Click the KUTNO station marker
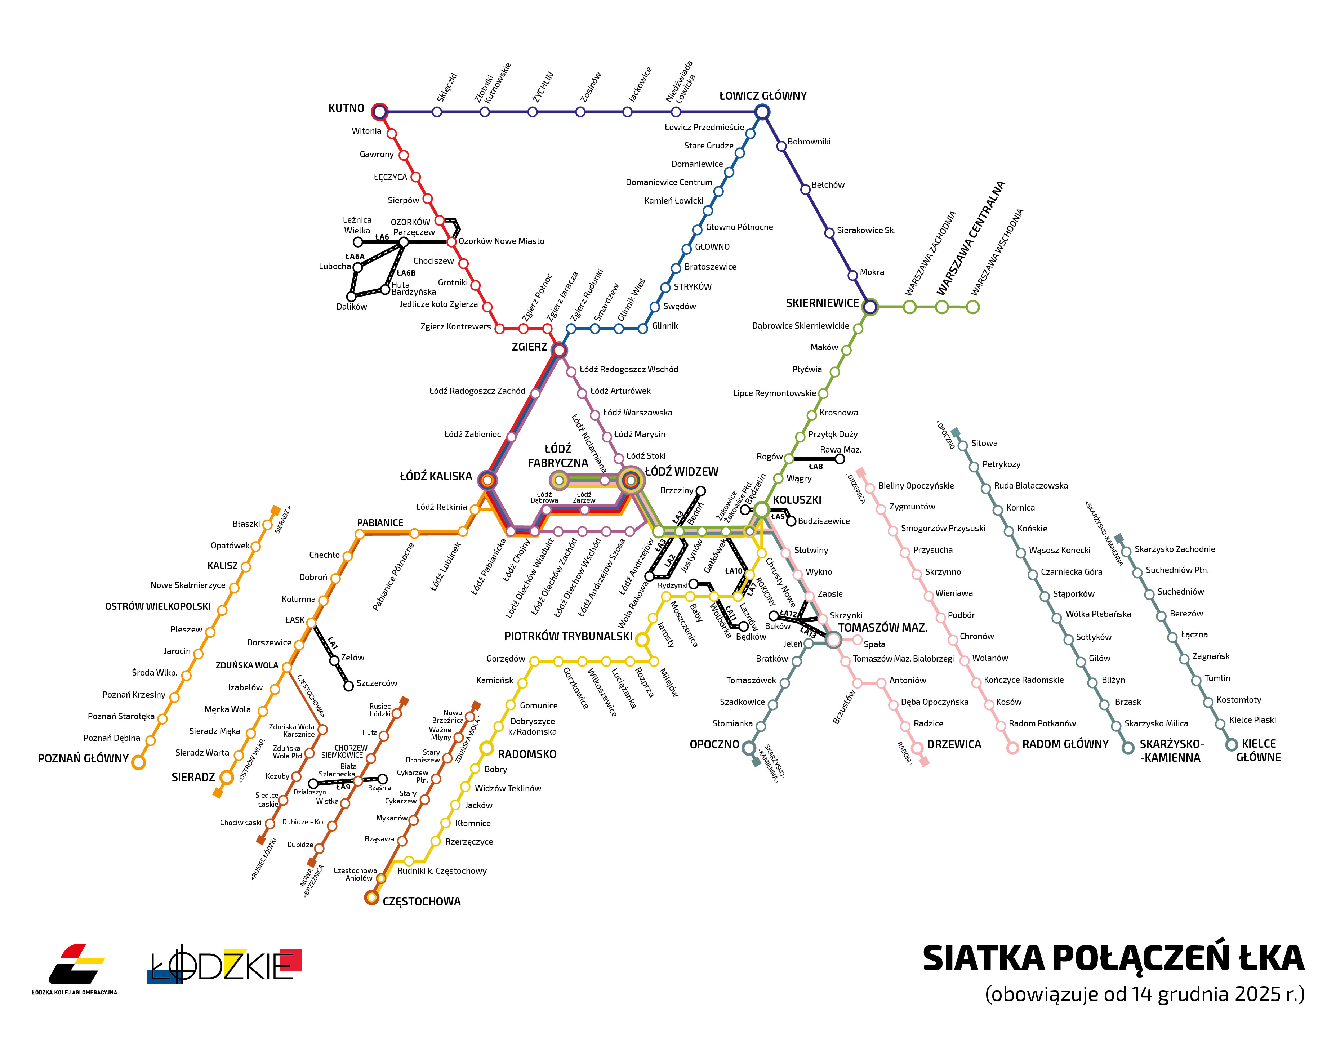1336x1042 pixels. pos(380,111)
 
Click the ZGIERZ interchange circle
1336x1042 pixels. pos(558,350)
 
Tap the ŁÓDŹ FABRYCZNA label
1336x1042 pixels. pos(557,456)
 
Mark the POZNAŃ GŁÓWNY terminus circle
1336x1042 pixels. pos(139,762)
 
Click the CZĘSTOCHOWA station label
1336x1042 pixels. pos(422,901)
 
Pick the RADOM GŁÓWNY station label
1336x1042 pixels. pos(1065,744)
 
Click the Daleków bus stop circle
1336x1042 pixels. pos(351,297)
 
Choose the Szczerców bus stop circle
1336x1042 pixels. pos(348,686)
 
